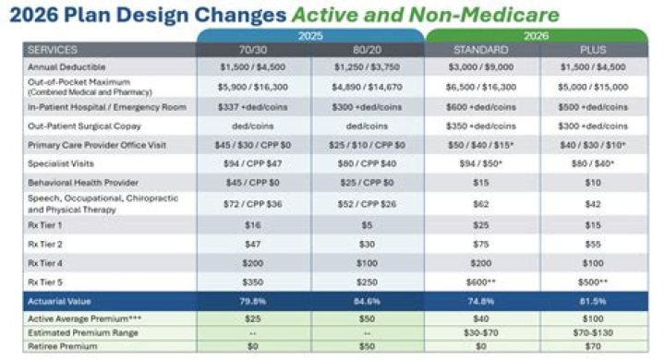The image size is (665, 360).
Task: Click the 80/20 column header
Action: [x=367, y=50]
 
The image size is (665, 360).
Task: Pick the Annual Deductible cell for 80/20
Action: [x=367, y=67]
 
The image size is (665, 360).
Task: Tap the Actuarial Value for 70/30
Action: [x=252, y=300]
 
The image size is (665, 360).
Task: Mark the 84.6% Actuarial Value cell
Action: [x=367, y=300]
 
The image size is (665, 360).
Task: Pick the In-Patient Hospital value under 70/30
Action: [x=252, y=107]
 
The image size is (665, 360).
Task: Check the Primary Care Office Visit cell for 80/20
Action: [x=367, y=144]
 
